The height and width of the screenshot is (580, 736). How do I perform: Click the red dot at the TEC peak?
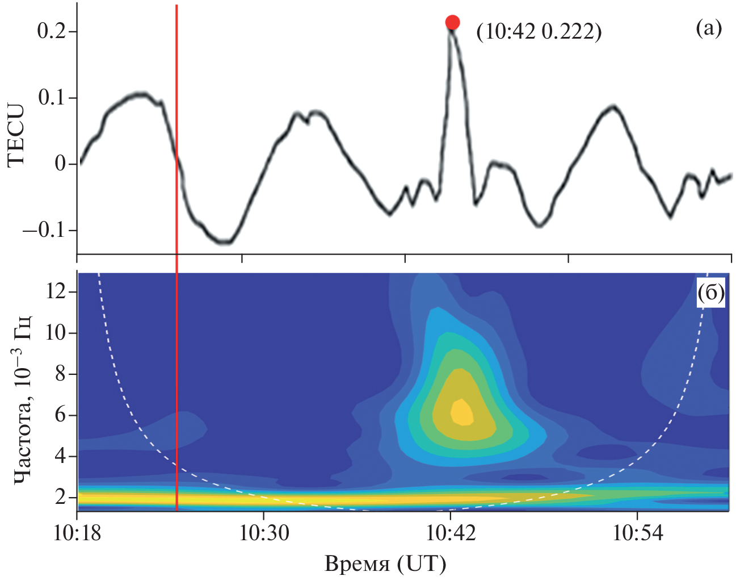tap(452, 22)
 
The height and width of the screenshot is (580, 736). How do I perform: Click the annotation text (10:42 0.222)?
tap(539, 32)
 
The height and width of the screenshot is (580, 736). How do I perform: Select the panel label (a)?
tap(709, 27)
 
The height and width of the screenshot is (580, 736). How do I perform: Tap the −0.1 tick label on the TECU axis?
tap(43, 231)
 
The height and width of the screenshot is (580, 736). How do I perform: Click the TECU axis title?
tap(16, 135)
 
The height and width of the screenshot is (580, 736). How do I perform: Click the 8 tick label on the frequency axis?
tap(60, 374)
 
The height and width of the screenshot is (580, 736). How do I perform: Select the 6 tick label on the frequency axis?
tap(60, 415)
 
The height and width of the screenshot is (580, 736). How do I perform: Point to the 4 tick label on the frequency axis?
tap(60, 457)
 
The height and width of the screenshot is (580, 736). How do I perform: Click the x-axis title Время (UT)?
tap(385, 564)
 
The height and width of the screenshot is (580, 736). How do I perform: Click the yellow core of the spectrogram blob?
tap(462, 412)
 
